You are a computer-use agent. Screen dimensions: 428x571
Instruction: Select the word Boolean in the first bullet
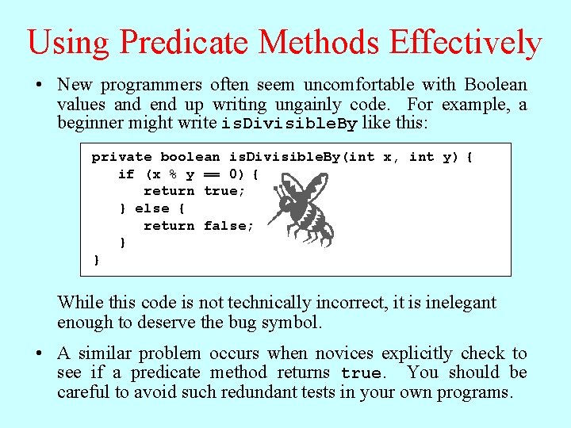tap(495, 85)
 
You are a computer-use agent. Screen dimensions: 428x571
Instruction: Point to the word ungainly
tap(309, 105)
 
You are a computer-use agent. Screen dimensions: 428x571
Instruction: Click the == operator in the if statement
tap(212, 174)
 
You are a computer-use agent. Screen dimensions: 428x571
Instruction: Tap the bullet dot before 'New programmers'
tap(39, 85)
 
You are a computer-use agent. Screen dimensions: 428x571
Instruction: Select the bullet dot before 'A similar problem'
tap(39, 353)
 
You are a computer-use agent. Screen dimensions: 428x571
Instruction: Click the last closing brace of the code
tap(97, 260)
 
